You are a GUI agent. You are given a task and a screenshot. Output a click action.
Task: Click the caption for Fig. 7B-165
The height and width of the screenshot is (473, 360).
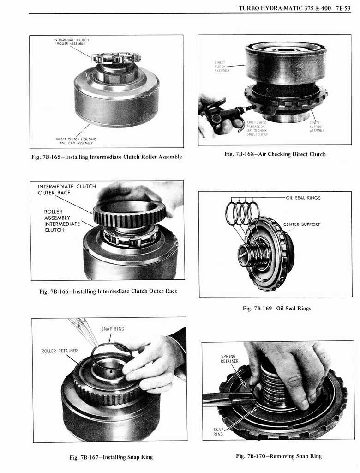[107, 157]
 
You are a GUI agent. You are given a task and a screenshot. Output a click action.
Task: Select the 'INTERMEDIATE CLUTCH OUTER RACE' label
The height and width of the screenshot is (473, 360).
[66, 189]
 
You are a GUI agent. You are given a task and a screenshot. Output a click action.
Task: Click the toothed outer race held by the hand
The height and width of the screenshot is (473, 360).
[129, 213]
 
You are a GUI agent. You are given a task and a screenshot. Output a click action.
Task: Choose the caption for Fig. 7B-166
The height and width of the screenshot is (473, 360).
[108, 291]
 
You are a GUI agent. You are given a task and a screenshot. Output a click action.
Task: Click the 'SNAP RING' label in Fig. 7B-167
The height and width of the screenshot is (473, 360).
[113, 329]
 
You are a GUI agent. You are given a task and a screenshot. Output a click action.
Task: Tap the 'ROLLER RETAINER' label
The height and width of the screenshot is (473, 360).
[60, 351]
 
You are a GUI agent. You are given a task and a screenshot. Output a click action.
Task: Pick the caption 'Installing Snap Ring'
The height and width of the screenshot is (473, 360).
[111, 457]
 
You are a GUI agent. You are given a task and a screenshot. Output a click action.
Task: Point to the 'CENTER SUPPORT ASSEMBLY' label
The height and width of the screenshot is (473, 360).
[317, 127]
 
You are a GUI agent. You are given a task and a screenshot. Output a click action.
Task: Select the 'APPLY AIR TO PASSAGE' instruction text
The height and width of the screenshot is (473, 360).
[257, 128]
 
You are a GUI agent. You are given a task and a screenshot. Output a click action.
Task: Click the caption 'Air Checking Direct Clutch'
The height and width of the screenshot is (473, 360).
[275, 154]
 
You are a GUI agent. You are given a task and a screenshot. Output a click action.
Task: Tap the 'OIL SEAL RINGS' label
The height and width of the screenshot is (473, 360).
[303, 198]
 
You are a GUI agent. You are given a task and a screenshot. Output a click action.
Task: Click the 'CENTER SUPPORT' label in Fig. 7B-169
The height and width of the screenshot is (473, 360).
[301, 225]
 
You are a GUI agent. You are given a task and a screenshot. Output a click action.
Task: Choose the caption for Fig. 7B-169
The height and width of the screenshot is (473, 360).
[276, 308]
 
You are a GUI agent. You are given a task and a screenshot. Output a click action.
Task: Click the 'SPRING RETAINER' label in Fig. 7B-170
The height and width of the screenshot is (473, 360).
[229, 358]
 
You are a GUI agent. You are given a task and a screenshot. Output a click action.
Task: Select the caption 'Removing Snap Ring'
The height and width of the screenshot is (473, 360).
[279, 456]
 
